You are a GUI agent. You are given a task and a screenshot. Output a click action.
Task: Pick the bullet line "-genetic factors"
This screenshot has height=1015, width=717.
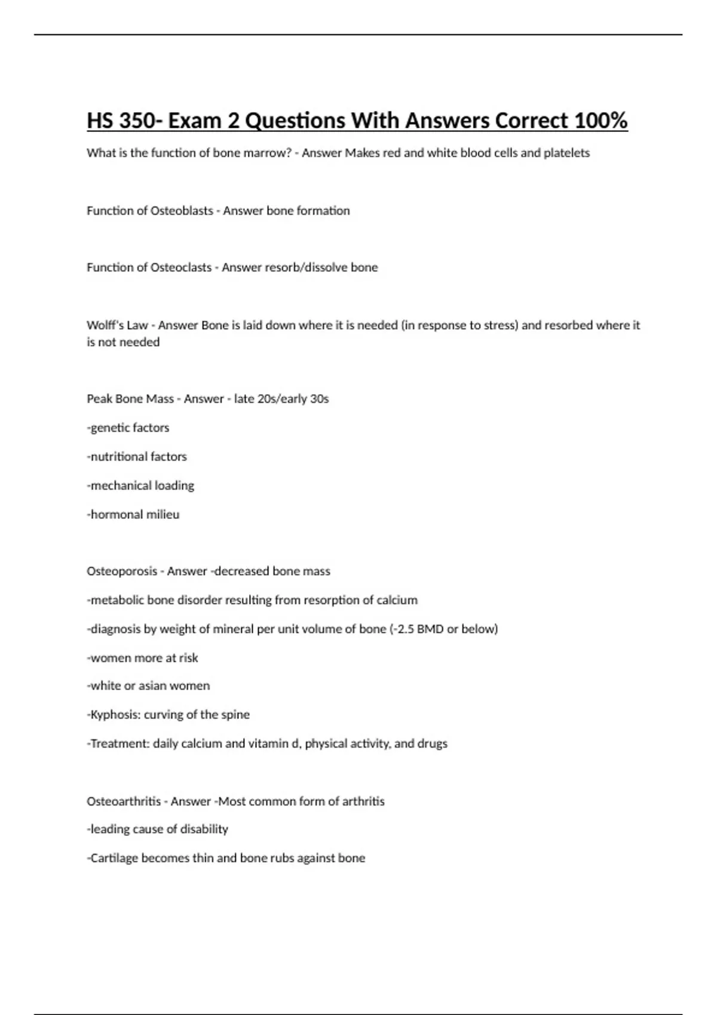tap(128, 428)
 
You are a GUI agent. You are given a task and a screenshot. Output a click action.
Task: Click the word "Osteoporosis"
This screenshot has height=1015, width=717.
tap(122, 571)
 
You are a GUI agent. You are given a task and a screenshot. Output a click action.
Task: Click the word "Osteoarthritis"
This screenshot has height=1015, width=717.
tap(124, 801)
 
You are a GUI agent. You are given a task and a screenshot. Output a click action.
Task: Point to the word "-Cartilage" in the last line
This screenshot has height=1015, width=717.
tap(113, 859)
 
